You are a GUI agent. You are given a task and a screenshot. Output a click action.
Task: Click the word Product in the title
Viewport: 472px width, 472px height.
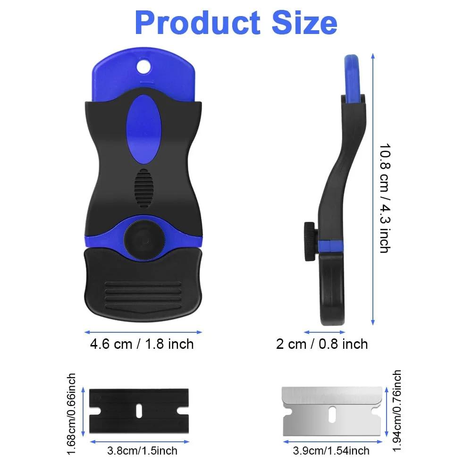coord(197,23)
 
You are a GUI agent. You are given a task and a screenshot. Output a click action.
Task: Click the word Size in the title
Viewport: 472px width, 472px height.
coord(304,23)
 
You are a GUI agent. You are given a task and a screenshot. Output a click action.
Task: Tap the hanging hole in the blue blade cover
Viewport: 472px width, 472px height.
coord(143,67)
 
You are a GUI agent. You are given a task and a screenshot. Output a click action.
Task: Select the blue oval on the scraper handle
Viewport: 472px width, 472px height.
coord(143,129)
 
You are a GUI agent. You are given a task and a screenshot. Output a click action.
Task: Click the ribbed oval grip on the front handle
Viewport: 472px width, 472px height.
coord(143,188)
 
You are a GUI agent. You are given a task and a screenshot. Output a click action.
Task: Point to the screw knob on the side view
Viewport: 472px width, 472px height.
coord(311,241)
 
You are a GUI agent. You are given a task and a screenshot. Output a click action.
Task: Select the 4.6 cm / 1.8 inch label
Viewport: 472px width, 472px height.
coord(142,344)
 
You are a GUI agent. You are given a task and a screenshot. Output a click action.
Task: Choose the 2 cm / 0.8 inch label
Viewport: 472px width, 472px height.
coord(322,344)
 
